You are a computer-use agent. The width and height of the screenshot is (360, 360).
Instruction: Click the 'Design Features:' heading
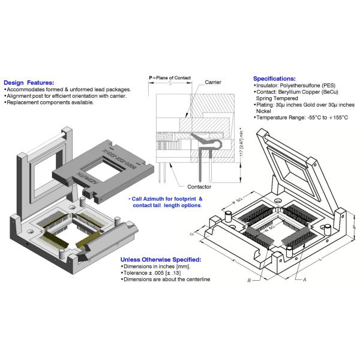pos(29,83)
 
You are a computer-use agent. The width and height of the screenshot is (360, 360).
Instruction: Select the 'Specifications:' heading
pos(274,79)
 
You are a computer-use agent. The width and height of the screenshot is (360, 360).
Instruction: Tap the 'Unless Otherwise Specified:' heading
pos(161,259)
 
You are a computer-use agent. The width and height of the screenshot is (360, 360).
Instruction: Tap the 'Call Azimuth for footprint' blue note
pos(166,198)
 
